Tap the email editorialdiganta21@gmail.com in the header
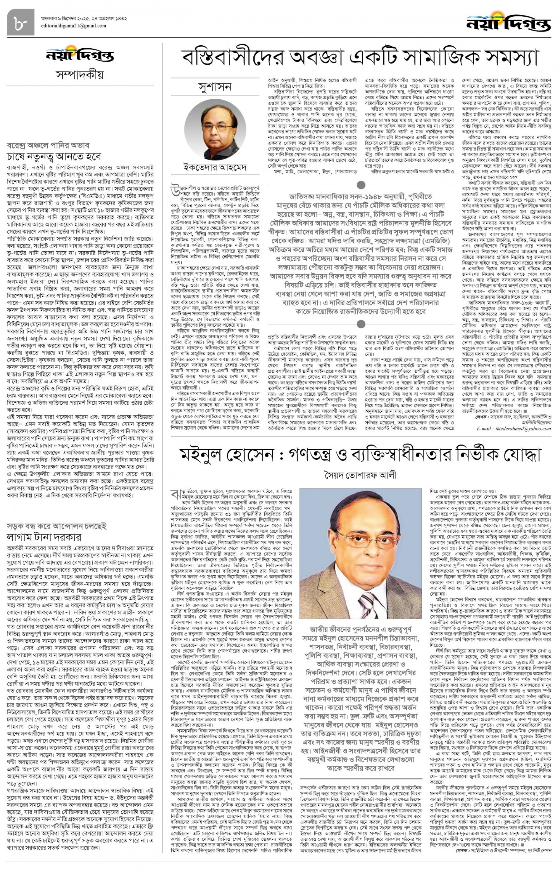[x=73, y=26]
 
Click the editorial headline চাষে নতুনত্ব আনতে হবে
[x=54, y=157]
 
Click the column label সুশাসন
[x=215, y=87]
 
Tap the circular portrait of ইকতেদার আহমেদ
[x=215, y=130]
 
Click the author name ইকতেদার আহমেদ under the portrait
[x=215, y=167]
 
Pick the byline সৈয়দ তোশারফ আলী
[x=360, y=475]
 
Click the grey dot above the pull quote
[x=361, y=185]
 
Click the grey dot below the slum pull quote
[x=361, y=324]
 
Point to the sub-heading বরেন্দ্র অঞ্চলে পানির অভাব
[x=48, y=146]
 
